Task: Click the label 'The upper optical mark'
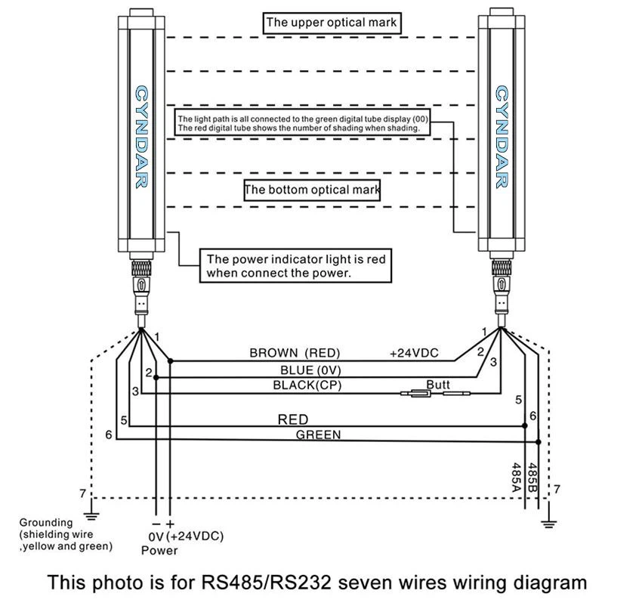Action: click(x=331, y=23)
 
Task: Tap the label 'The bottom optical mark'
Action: click(x=311, y=189)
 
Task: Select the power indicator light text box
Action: click(x=295, y=266)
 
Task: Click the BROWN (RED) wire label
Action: click(x=295, y=353)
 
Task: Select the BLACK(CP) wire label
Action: click(x=304, y=385)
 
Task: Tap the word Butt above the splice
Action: click(x=438, y=385)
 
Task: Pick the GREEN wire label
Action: click(x=318, y=434)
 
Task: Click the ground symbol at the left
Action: click(x=91, y=515)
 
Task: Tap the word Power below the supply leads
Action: click(x=159, y=550)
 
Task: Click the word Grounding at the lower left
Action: click(x=46, y=522)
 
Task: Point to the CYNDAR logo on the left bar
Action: click(x=140, y=136)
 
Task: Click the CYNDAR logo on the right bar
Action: click(x=501, y=136)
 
